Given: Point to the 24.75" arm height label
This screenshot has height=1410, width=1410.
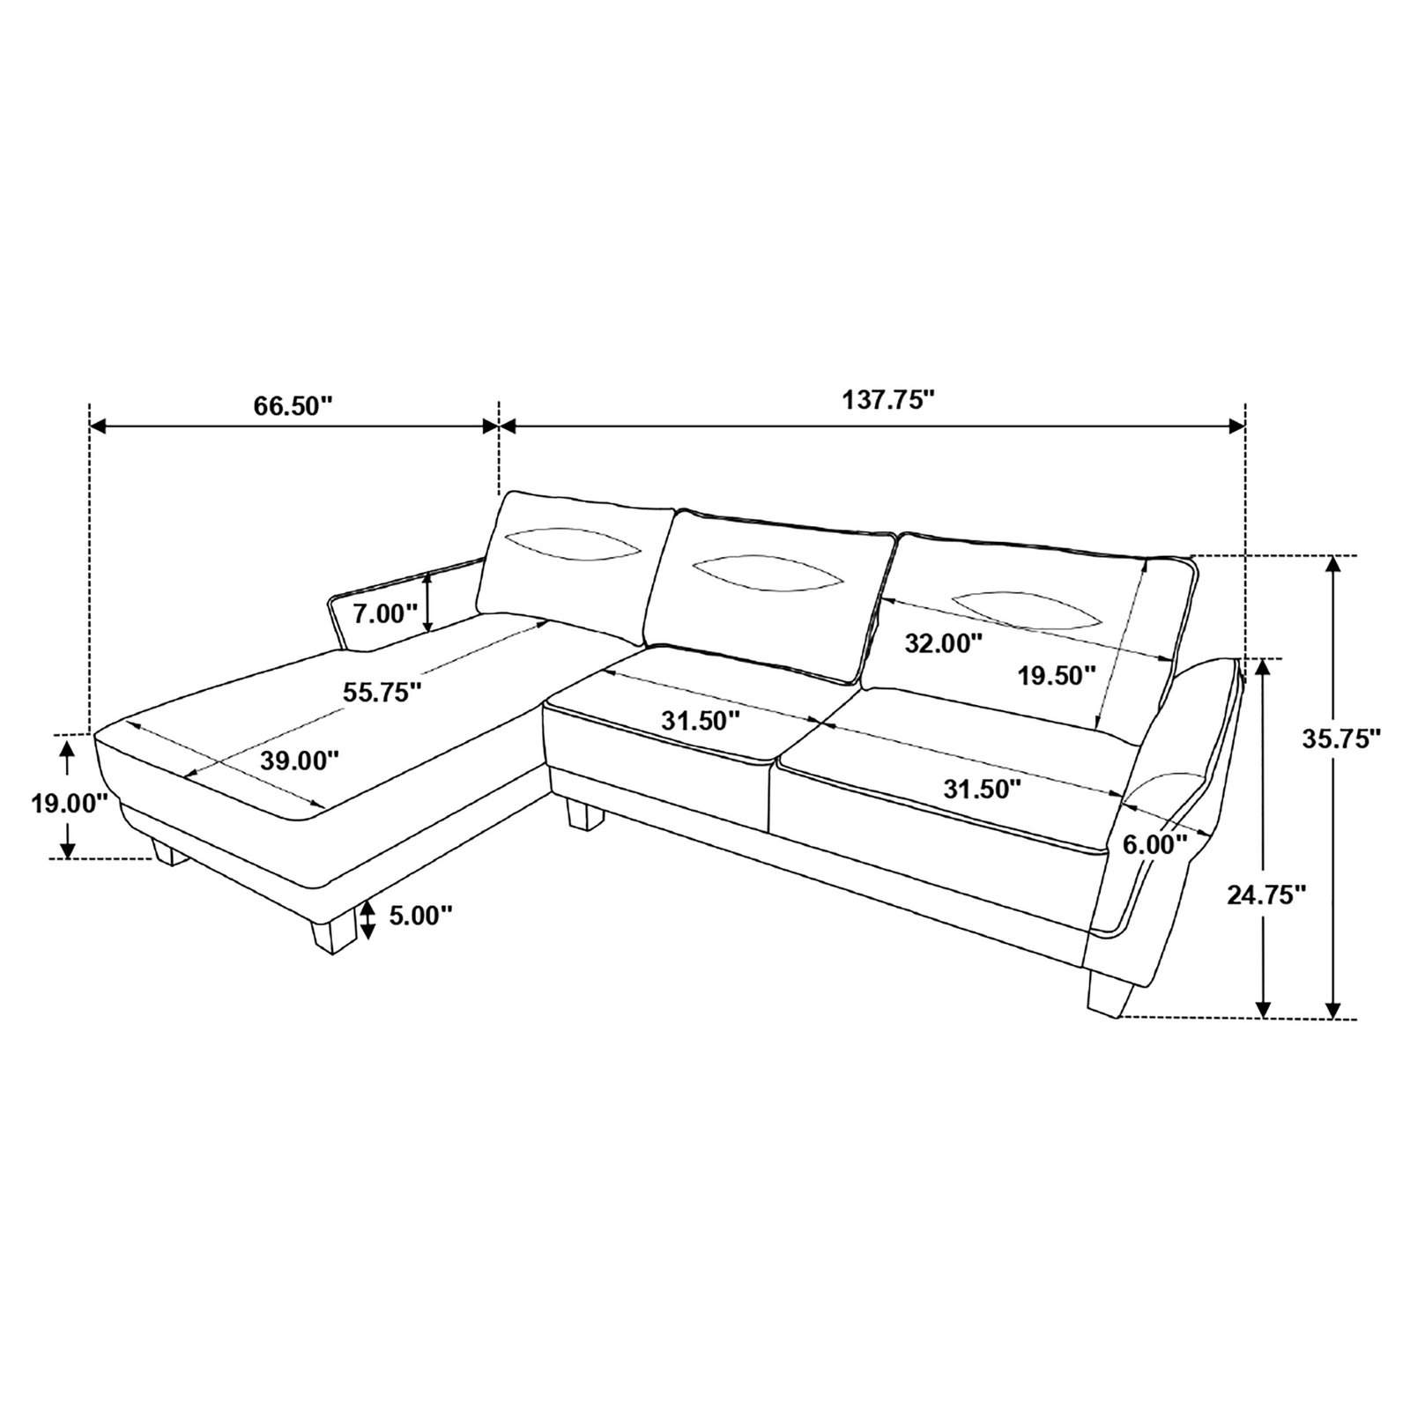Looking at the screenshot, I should point(1265,895).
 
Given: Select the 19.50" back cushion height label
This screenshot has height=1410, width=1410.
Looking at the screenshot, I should point(1057,675).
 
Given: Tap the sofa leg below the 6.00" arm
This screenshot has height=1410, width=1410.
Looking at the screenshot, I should point(1109,993).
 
